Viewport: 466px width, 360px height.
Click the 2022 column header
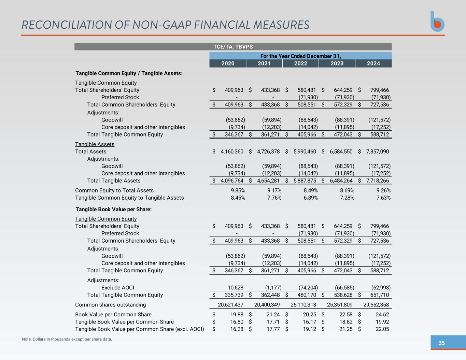point(300,63)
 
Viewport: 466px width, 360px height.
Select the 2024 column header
point(373,63)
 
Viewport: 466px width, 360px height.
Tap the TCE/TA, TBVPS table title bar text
point(233,47)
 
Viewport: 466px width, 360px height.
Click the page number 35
point(441,343)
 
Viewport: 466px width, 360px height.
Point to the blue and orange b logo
point(437,21)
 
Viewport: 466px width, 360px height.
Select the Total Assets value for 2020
point(232,152)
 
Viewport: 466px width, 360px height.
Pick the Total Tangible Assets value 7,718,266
point(377,181)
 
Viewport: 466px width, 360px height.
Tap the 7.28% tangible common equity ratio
point(347,198)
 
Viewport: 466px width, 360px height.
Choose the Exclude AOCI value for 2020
point(236,288)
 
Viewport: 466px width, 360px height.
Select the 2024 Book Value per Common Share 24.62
point(382,315)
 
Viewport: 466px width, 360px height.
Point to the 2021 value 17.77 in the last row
point(273,329)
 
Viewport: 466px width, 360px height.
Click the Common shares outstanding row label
point(110,305)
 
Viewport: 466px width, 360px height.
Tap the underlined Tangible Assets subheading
point(95,144)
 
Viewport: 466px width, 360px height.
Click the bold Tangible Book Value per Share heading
point(113,209)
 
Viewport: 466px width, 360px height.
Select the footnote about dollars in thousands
point(67,339)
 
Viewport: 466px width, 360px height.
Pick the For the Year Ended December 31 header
point(300,56)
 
